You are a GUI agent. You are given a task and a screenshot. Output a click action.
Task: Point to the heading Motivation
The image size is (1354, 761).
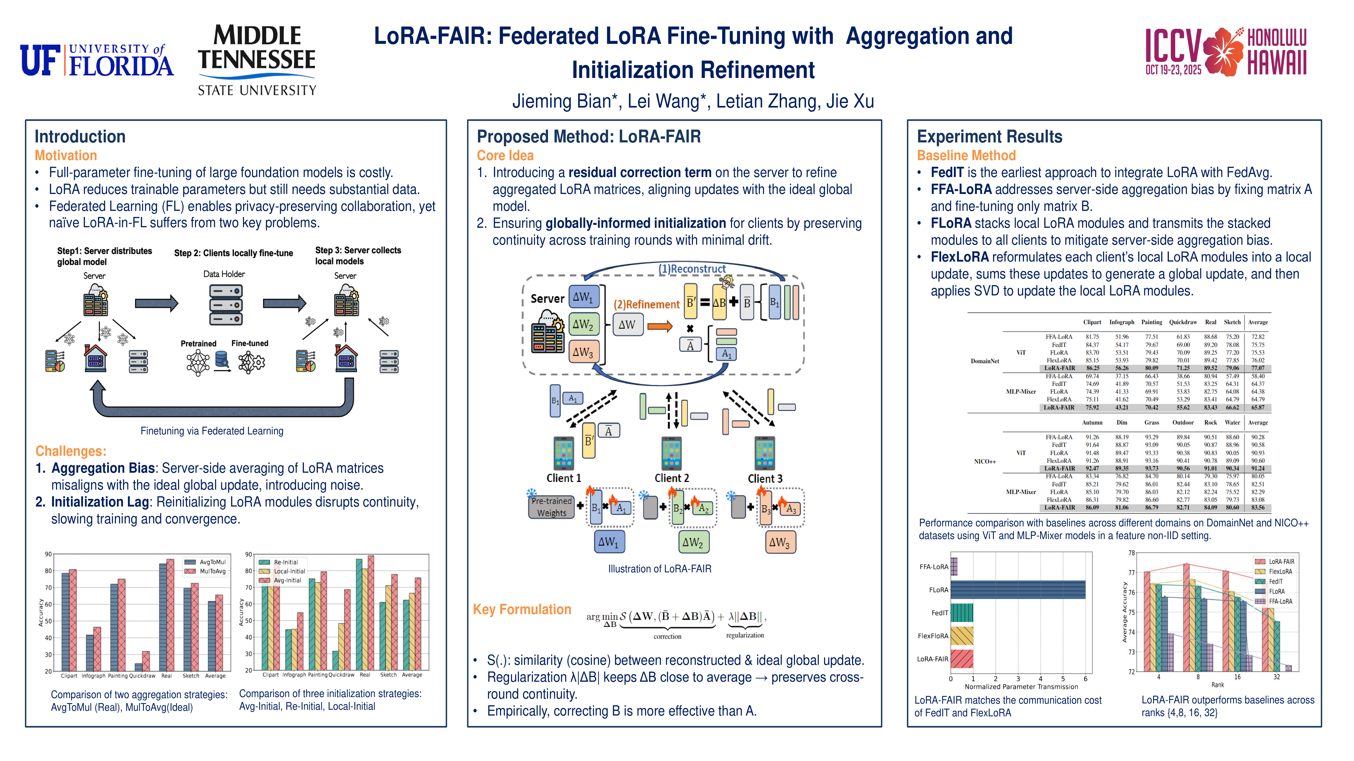pos(66,155)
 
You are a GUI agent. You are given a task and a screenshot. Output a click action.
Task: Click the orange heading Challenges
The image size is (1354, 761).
pos(70,451)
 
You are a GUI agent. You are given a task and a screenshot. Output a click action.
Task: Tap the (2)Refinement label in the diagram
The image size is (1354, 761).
pos(646,305)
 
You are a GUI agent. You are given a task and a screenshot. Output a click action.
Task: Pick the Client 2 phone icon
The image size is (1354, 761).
pos(671,453)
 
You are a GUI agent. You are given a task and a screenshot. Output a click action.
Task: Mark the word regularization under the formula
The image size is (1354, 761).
pos(745,635)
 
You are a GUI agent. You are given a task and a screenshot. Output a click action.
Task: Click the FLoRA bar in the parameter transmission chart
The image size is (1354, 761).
pos(1018,590)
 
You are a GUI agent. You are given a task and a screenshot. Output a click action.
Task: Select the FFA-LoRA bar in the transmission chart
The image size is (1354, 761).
pos(954,567)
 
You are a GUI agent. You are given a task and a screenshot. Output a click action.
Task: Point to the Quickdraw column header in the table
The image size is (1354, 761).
pos(1183,322)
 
